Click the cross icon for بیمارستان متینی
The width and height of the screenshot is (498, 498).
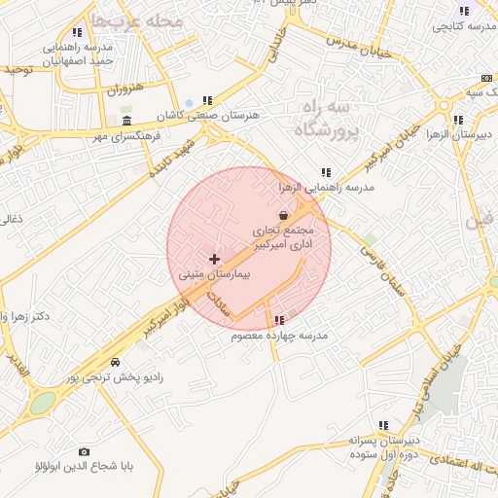pos(215,260)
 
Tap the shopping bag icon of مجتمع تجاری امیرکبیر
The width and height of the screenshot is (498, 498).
pos(283,216)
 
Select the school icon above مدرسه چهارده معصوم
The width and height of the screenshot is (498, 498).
pos(280,320)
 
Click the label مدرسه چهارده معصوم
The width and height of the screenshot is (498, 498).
pos(280,336)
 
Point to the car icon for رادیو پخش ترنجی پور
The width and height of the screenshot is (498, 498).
pos(116,362)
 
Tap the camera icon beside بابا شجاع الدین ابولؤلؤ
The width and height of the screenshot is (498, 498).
pos(84,452)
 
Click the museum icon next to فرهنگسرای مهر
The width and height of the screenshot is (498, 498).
pos(128,121)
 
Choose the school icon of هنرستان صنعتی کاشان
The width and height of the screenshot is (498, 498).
pos(206,100)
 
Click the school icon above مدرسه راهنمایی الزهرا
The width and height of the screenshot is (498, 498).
pos(325,172)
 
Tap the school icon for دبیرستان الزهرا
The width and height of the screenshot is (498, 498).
pos(457,121)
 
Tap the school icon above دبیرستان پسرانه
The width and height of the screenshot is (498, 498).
pos(384,425)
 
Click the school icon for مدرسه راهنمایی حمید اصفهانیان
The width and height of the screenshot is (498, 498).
pos(78,32)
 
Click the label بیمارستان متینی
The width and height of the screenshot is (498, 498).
pos(215,275)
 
